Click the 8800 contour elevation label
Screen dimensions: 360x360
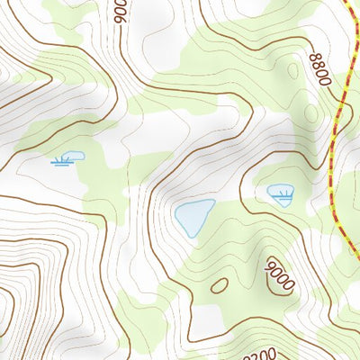319,69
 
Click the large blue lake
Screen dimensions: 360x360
193,217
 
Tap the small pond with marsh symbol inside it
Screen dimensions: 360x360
281,192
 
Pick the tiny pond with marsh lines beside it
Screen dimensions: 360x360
75,156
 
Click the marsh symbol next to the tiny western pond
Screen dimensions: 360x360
61,162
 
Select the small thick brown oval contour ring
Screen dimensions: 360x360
219,285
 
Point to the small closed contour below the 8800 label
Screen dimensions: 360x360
310,113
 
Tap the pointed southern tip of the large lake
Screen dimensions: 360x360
192,236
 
